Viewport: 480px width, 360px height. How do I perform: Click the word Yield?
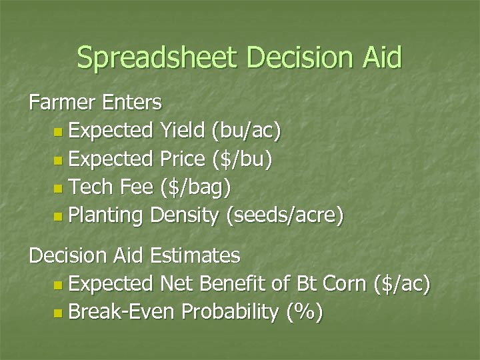pos(183,131)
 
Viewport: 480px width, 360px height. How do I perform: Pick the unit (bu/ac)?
pos(247,131)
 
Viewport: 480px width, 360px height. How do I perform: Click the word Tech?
pos(92,189)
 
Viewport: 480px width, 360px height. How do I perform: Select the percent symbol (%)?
pos(305,312)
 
